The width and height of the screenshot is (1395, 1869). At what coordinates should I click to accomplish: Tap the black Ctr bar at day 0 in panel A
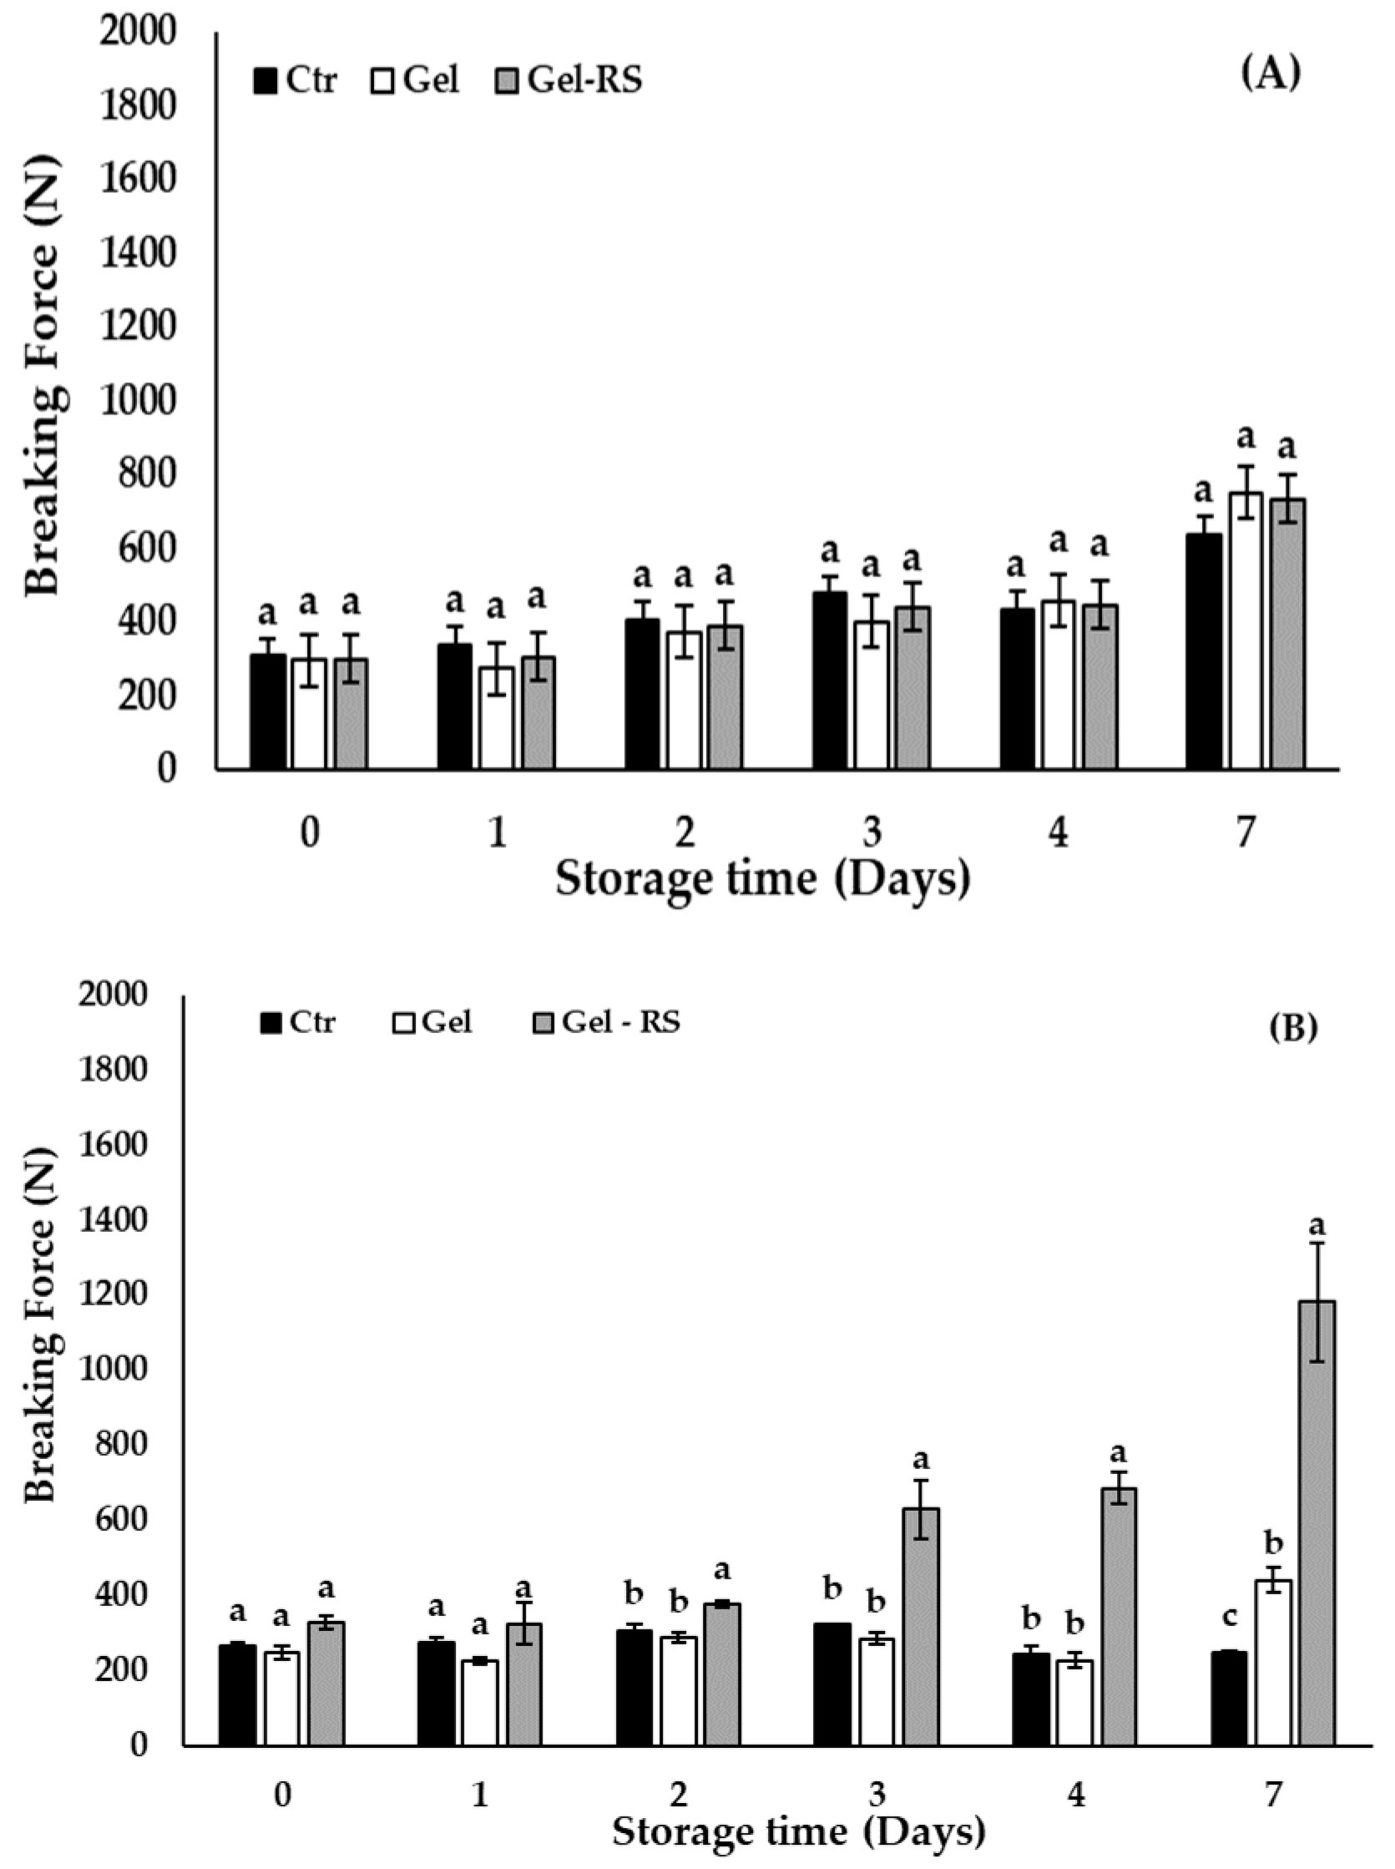coord(268,712)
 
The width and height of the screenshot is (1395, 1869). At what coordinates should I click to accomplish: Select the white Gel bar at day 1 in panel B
coord(481,1703)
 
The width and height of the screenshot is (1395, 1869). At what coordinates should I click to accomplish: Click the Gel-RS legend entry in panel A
coord(569,80)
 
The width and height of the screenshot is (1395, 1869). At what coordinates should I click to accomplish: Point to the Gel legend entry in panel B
coord(432,1023)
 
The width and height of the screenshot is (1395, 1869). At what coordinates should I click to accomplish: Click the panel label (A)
coord(1270,74)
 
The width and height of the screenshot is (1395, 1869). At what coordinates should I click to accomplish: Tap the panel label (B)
coord(1293,1029)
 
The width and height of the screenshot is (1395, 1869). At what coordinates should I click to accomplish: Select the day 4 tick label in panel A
coord(1058,833)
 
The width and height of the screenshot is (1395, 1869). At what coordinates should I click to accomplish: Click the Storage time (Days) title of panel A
coord(762,879)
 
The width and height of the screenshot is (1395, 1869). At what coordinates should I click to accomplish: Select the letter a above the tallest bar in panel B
coord(1317,1225)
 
